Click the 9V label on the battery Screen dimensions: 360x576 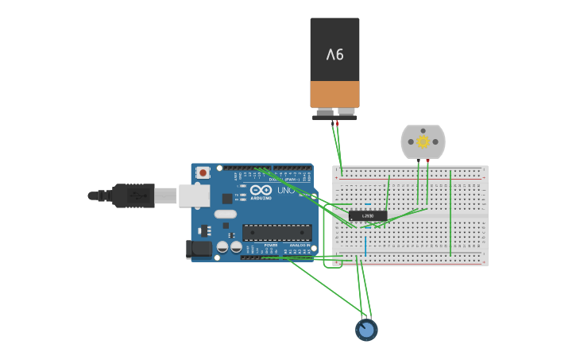pos(334,54)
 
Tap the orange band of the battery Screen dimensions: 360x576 pos(334,93)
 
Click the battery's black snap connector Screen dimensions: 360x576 pos(334,117)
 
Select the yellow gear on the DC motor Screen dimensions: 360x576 pos(423,141)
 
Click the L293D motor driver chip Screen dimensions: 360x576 pos(367,215)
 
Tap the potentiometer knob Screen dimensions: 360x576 pos(366,329)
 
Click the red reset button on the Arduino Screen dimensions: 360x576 pos(203,172)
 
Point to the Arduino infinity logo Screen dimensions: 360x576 pos(261,190)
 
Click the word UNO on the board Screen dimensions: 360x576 pos(284,191)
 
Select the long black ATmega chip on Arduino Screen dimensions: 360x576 pos(277,232)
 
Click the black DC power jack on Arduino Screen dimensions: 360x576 pos(199,250)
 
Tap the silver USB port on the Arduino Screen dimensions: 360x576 pos(193,195)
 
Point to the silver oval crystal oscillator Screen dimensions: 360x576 pos(226,214)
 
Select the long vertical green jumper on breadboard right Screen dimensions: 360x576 pos(450,212)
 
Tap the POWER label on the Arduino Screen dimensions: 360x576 pos(270,246)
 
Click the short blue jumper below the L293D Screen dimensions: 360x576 pos(365,243)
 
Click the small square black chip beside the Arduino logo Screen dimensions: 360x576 pos(227,198)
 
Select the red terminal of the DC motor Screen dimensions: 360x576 pos(427,161)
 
